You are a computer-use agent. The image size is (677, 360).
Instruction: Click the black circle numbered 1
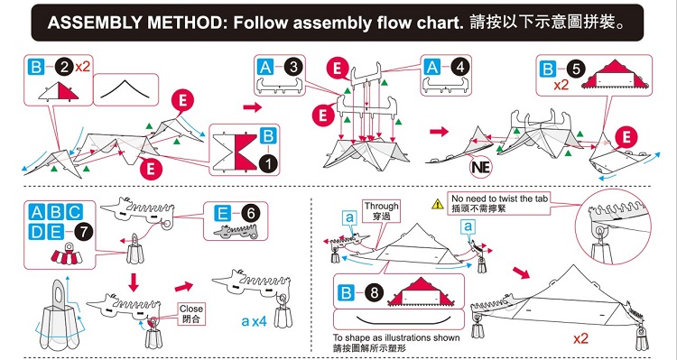click(269, 164)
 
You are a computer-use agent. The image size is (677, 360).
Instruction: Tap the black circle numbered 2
click(63, 68)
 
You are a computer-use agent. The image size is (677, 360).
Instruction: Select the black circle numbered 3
click(293, 68)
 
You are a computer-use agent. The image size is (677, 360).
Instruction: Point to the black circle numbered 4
click(459, 67)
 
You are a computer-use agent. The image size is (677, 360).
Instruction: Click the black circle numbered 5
click(576, 69)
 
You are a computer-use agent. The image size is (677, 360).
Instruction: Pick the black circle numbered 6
click(250, 212)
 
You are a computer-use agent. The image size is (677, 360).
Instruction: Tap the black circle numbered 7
click(83, 232)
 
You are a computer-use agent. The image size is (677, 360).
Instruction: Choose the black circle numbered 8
click(374, 293)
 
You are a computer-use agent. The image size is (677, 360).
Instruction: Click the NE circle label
click(481, 167)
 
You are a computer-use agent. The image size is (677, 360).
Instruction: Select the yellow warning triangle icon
click(438, 204)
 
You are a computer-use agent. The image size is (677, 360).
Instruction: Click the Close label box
click(191, 314)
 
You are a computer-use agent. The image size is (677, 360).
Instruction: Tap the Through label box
click(381, 210)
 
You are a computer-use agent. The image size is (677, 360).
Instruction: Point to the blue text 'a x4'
click(255, 321)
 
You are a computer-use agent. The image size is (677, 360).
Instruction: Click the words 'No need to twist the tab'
click(499, 198)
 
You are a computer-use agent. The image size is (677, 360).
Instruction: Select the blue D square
click(38, 232)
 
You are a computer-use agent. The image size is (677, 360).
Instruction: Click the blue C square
click(75, 212)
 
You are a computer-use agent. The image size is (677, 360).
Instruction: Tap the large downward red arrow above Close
click(134, 282)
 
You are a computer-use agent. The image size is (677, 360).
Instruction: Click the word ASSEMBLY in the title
click(93, 23)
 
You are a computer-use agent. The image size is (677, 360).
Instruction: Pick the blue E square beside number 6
click(223, 212)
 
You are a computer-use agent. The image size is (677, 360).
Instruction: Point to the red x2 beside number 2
click(82, 67)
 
